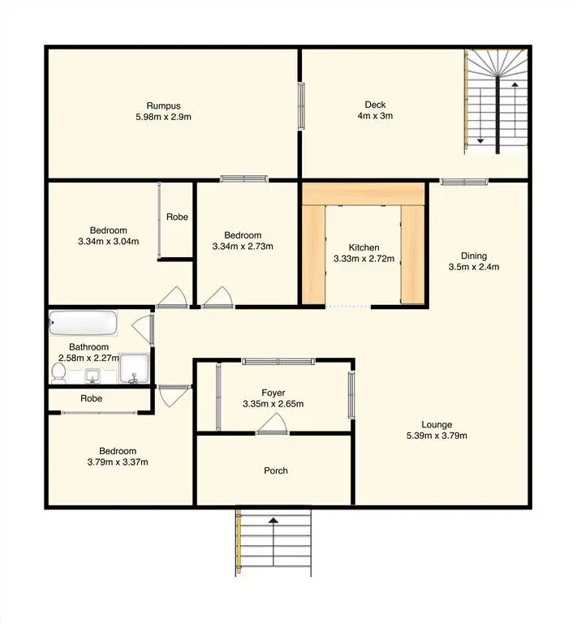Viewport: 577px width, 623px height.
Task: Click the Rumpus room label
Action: point(163,105)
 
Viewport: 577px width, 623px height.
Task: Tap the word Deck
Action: point(375,105)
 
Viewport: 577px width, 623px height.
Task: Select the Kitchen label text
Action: point(364,248)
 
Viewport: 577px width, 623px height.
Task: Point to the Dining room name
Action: point(475,255)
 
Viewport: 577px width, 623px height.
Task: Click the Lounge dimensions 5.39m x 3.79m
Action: point(437,436)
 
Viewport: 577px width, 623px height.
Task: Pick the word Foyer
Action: point(273,393)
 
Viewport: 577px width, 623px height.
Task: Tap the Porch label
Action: point(276,470)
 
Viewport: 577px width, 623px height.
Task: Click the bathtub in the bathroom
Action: point(84,324)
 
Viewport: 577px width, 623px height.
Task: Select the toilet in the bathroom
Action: point(58,372)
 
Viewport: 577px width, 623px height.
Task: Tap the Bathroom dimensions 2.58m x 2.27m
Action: point(88,358)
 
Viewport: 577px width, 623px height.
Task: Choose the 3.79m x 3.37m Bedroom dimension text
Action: point(118,462)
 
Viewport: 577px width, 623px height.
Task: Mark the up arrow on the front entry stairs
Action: point(273,521)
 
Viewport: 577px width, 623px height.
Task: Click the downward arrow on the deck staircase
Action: point(480,140)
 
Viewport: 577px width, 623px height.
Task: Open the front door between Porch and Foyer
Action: point(272,426)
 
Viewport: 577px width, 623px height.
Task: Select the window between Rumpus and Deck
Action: point(301,105)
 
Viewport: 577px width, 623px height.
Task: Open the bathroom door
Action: point(143,329)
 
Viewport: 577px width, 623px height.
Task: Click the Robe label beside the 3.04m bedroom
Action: point(177,217)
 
